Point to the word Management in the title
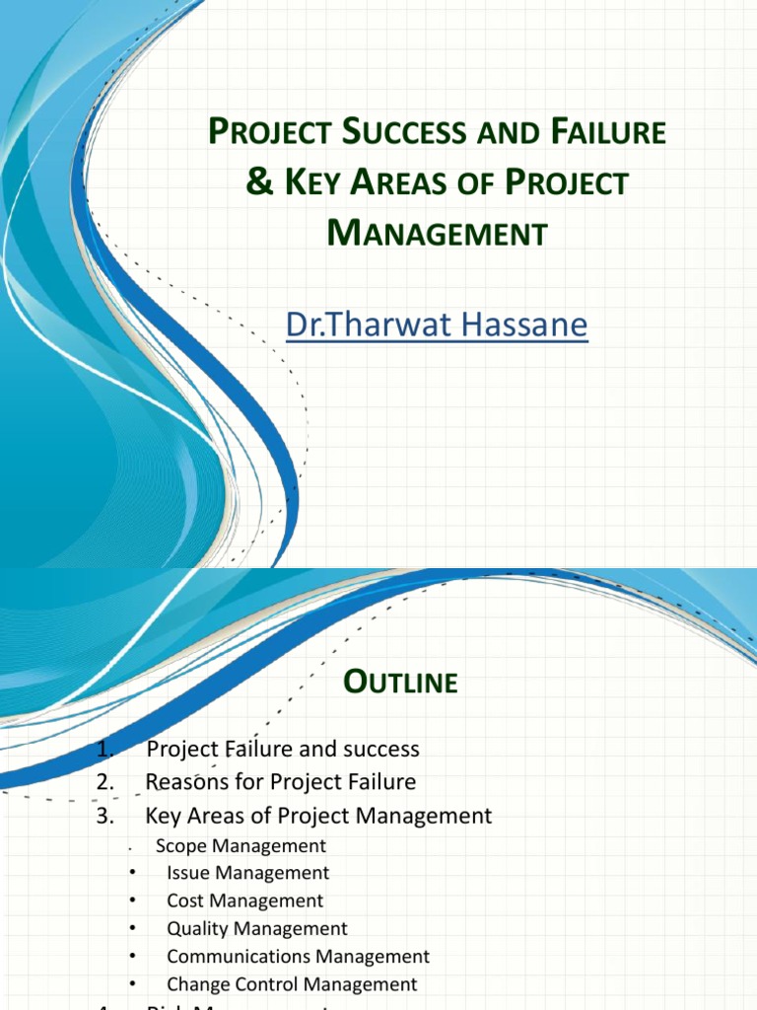coord(437,234)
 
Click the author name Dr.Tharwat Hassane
coord(437,324)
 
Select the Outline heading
coord(400,683)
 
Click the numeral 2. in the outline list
coord(107,782)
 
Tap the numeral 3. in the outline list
coord(107,816)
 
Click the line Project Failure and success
coord(283,750)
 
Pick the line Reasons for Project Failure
coord(281,782)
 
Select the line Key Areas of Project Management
coord(318,816)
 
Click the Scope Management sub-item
coord(241,845)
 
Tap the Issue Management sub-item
coord(247,873)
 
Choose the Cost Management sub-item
coord(244,901)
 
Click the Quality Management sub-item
coord(256,928)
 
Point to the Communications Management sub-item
coord(298,957)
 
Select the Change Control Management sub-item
coord(292,984)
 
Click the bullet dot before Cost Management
coord(131,902)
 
